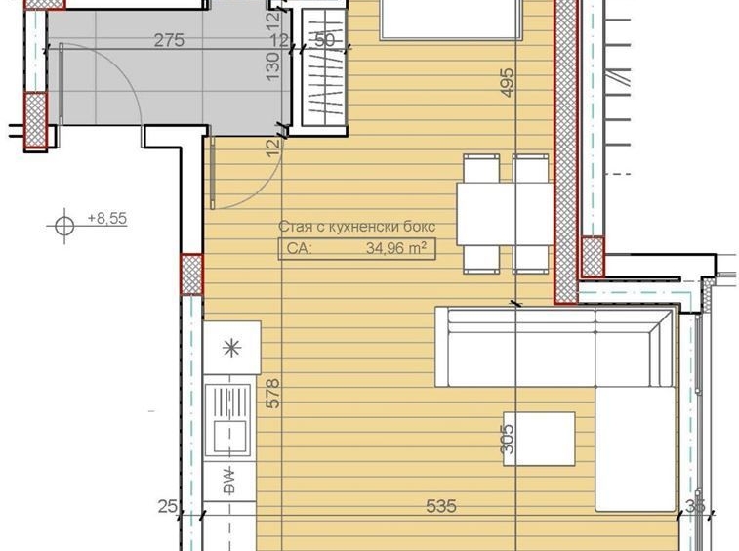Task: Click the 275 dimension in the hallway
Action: point(170,41)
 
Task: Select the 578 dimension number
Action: point(273,393)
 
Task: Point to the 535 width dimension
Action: point(441,506)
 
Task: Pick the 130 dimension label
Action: point(273,65)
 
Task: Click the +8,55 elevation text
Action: point(107,219)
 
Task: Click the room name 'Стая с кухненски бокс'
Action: point(356,227)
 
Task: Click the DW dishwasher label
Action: point(231,482)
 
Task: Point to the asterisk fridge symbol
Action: point(232,348)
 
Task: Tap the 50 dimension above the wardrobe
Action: point(325,41)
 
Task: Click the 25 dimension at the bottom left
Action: point(168,506)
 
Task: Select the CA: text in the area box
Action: point(298,249)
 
